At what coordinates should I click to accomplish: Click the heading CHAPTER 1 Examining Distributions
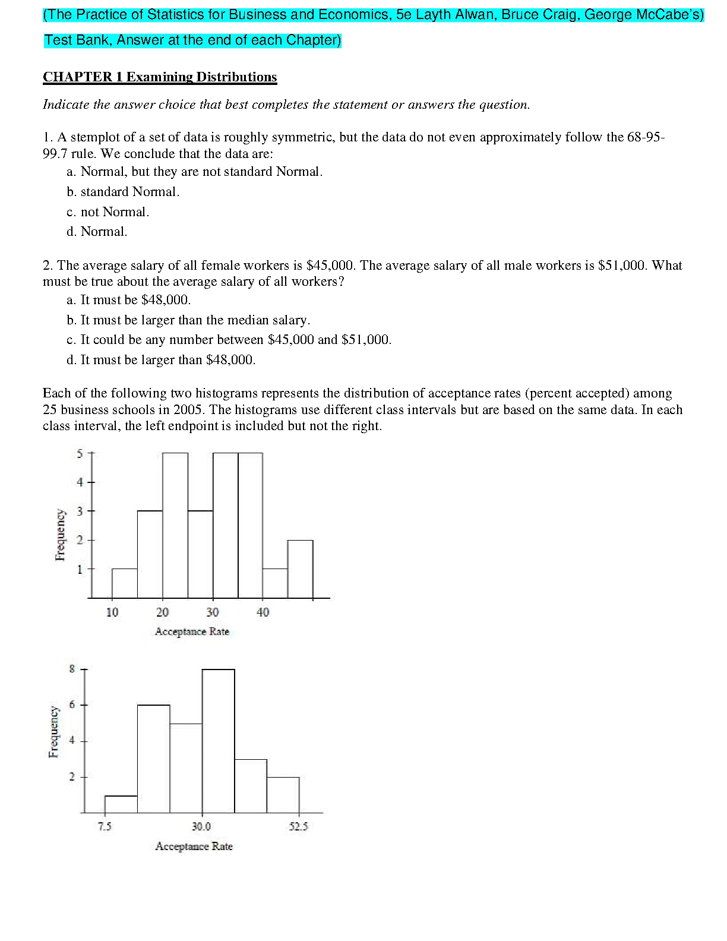click(160, 77)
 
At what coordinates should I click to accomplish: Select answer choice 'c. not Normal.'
click(108, 212)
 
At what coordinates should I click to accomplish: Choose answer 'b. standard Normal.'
click(123, 192)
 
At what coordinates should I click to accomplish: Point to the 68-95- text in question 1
click(646, 137)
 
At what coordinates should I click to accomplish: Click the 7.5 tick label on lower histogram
click(105, 826)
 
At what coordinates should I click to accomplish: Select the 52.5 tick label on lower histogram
click(299, 826)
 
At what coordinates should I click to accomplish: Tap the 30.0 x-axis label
click(201, 826)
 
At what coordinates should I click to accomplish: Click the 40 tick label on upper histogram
click(263, 612)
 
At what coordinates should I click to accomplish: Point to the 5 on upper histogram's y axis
click(80, 454)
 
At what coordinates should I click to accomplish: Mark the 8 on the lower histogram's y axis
click(72, 669)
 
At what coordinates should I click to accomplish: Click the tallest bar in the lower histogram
click(219, 741)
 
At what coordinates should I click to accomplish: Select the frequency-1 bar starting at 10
click(125, 583)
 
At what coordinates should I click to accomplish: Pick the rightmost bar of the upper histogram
click(300, 569)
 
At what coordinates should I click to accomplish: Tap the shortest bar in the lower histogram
click(121, 804)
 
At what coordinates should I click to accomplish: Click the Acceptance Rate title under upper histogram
click(192, 631)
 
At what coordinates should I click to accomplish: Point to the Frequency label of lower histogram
click(54, 732)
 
